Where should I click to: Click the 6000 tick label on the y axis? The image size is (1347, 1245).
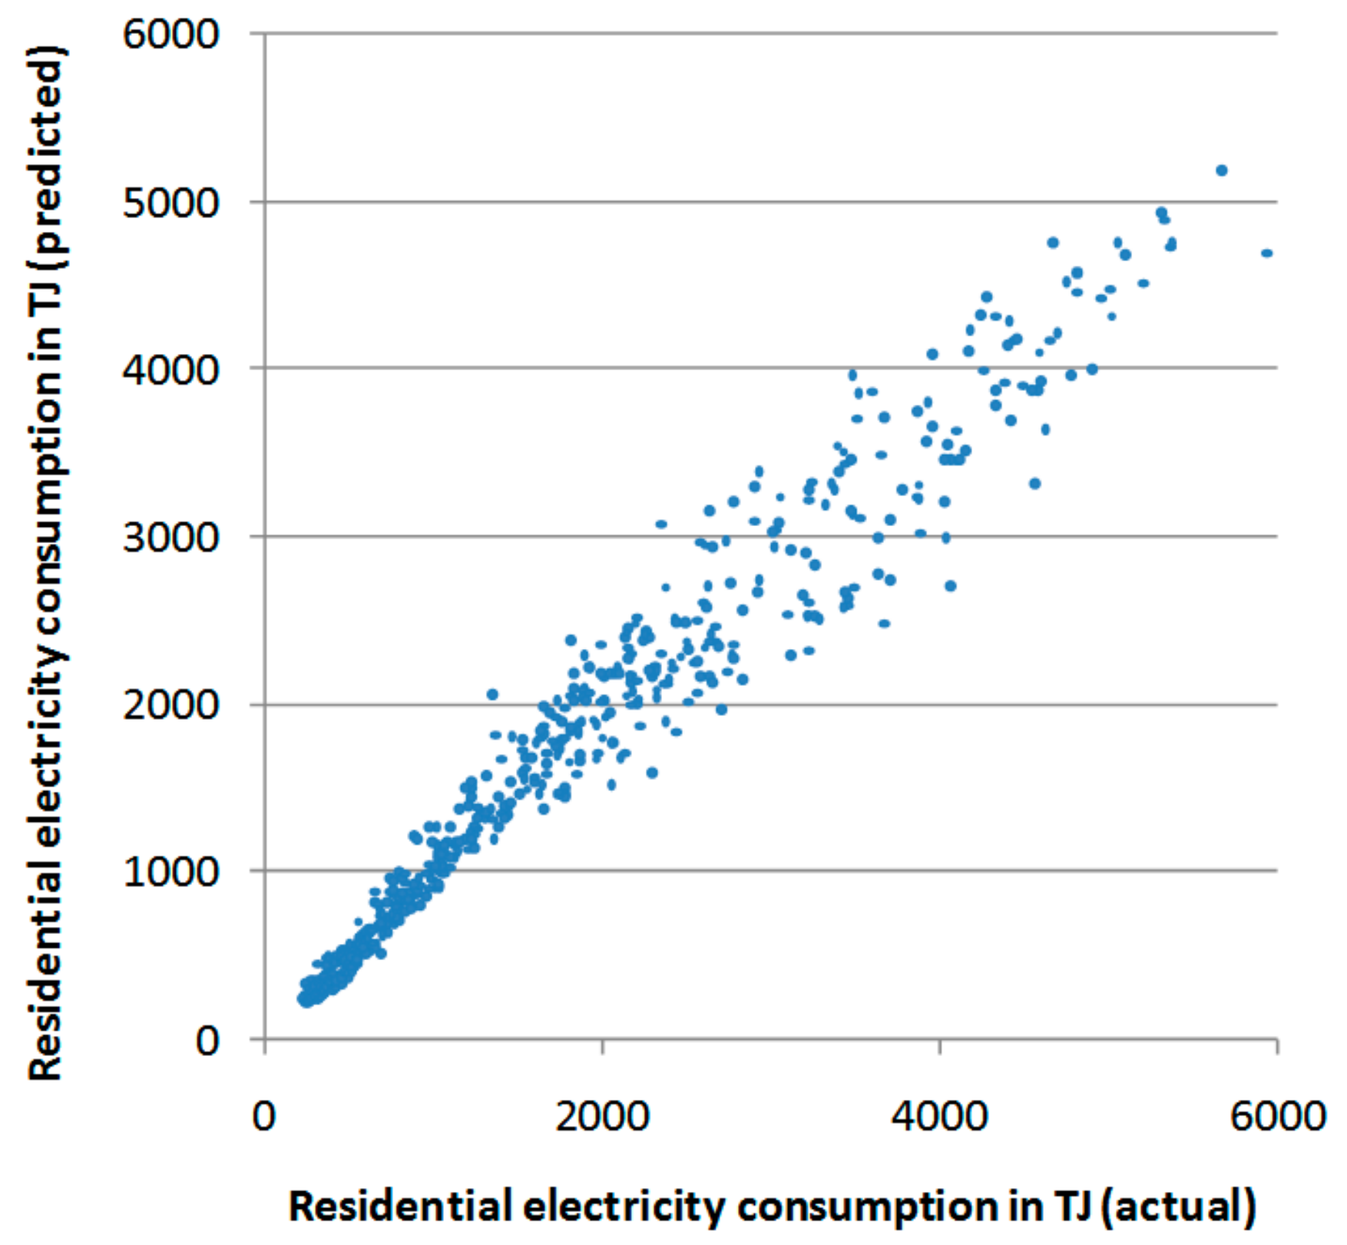click(170, 35)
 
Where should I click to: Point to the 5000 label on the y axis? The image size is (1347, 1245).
click(170, 203)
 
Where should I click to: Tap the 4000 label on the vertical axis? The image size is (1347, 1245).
click(170, 369)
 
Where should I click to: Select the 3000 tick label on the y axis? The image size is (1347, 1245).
click(170, 537)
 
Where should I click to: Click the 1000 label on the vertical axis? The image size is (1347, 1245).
click(170, 872)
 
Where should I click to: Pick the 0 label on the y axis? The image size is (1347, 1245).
click(207, 1041)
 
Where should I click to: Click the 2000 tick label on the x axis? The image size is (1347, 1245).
click(602, 1115)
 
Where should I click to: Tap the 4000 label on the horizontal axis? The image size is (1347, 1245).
click(939, 1115)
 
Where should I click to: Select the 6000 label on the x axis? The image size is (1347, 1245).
click(1277, 1115)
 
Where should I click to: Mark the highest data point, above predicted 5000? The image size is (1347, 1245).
click(1221, 171)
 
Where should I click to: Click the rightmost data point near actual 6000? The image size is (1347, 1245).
click(1266, 253)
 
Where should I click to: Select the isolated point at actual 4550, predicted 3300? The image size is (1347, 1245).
click(1034, 483)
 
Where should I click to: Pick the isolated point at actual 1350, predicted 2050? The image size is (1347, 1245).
click(492, 694)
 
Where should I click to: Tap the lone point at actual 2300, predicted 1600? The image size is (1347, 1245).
click(652, 772)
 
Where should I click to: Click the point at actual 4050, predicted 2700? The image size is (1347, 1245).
click(950, 585)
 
